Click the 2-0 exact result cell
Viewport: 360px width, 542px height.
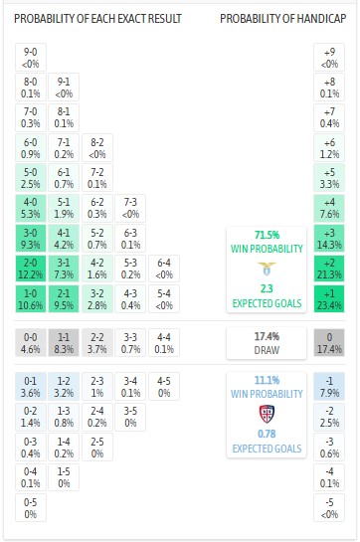tap(31, 268)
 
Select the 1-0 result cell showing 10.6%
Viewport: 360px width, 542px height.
tap(31, 298)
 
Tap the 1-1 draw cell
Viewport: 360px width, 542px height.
tap(65, 344)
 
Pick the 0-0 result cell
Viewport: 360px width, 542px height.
tap(31, 344)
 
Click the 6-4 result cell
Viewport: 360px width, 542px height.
tap(165, 268)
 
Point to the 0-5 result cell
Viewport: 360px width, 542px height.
tap(31, 508)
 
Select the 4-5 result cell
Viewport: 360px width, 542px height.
tap(165, 385)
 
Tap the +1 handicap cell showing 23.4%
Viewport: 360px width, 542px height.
tap(330, 298)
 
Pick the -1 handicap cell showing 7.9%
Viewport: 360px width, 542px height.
tap(330, 385)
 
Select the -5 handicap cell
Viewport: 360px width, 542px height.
tap(330, 508)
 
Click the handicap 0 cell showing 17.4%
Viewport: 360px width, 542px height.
tap(330, 344)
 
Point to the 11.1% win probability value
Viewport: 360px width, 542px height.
tap(266, 379)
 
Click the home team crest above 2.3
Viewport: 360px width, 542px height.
tap(266, 268)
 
